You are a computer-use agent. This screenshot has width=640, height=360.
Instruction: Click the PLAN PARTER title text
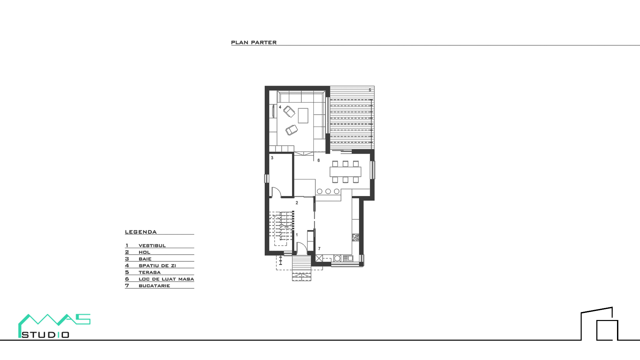254,43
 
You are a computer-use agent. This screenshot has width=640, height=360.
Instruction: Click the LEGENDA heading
141,232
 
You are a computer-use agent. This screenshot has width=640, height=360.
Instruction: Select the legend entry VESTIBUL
152,246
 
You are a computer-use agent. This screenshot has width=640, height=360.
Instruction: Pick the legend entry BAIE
145,259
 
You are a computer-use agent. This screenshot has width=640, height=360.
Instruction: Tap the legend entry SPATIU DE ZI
157,266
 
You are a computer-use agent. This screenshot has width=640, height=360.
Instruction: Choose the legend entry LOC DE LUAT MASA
166,279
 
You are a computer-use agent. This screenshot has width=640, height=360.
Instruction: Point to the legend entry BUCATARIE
154,286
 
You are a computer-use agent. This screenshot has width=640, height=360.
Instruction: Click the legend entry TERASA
150,272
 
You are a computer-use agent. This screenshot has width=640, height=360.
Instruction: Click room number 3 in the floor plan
272,158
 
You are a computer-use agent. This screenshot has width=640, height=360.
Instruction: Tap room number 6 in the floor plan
319,160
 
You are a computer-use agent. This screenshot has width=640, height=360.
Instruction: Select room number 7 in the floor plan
319,249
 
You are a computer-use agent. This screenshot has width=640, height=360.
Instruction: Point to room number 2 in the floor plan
297,203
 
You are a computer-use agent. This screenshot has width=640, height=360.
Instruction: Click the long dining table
345,172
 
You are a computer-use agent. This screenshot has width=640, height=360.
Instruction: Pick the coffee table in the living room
303,115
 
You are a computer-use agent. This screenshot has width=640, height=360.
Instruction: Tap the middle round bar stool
328,191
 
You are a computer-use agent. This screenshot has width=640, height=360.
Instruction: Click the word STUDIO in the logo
45,335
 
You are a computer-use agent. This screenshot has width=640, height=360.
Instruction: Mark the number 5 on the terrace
370,90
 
